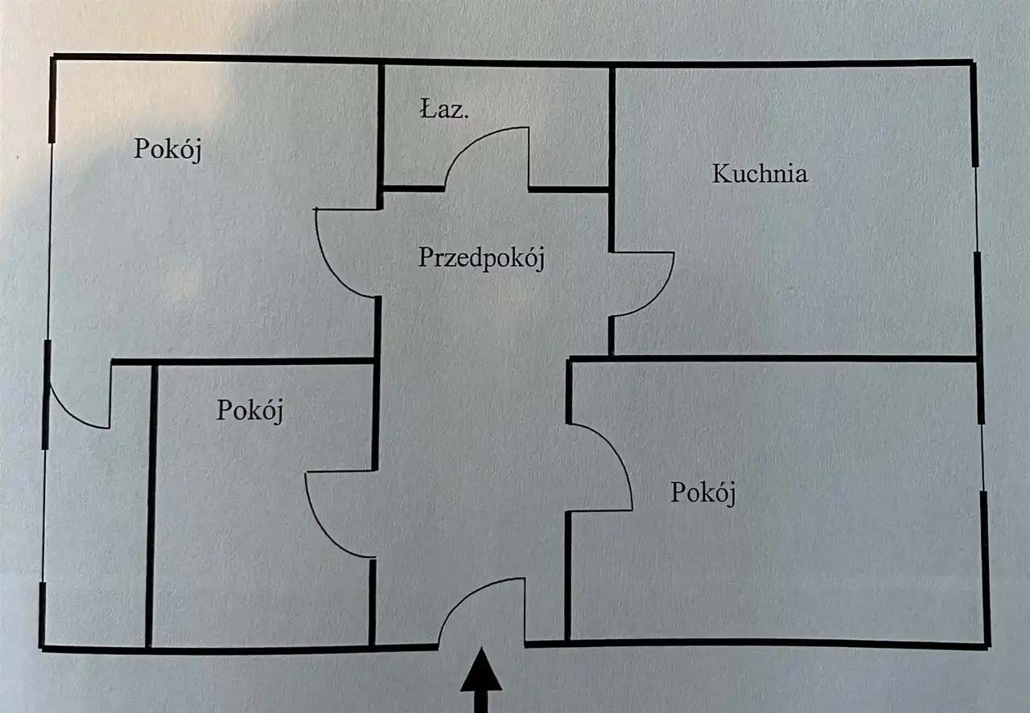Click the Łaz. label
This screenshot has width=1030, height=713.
(x=443, y=110)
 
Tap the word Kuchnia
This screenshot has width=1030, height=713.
(x=760, y=174)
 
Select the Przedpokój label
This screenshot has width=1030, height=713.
(x=482, y=258)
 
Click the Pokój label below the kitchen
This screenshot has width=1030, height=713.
(x=703, y=493)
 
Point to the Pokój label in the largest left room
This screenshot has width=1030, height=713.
(x=167, y=150)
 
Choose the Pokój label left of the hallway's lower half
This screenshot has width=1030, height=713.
(x=250, y=410)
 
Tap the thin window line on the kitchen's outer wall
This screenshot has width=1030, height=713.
(x=977, y=209)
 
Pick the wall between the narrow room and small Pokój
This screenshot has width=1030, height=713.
(x=150, y=506)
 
